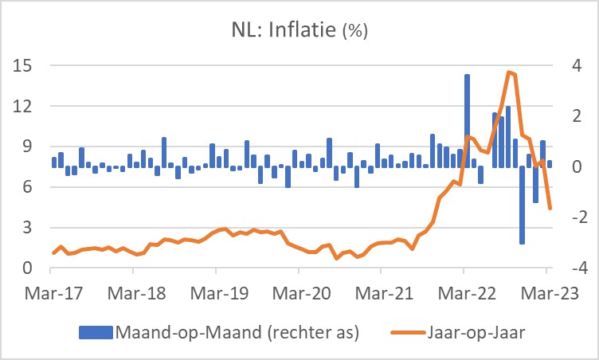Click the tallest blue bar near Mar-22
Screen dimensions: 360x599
[467, 119]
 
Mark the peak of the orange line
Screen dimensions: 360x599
[509, 72]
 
